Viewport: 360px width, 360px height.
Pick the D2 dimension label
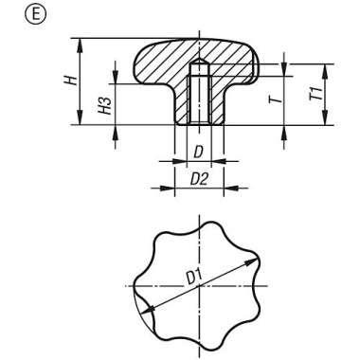200,177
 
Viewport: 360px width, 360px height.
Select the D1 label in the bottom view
194,278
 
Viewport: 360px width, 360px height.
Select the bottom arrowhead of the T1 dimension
324,124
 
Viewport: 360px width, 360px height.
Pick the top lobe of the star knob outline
199,224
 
